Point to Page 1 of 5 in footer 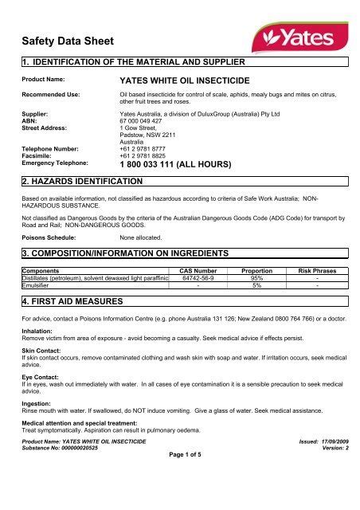(179, 499)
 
